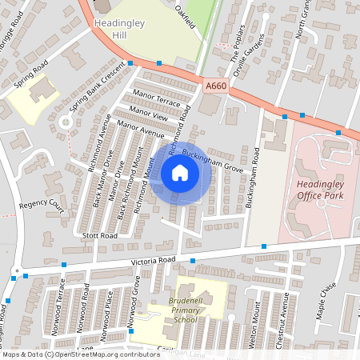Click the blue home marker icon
coord(180,173)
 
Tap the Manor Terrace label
coord(157,98)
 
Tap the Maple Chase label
coord(323,305)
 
